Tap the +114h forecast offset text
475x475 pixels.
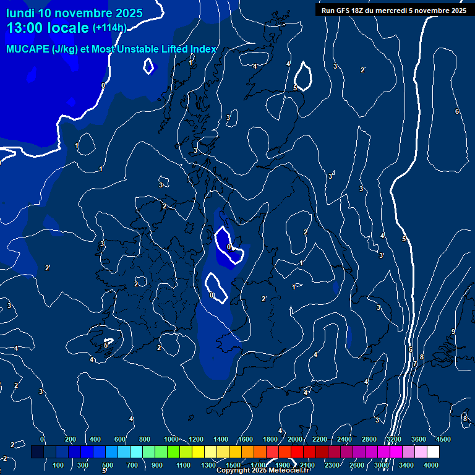coord(109,28)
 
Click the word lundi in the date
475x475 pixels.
coord(20,13)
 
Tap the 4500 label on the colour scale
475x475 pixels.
coord(443,439)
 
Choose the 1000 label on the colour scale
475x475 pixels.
coord(171,439)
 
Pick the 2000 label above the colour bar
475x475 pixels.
coord(295,439)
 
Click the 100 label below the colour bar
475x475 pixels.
coord(59,465)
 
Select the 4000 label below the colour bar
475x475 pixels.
coord(431,465)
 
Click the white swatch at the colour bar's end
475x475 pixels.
coord(450,452)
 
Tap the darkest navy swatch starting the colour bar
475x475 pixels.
coord(37,452)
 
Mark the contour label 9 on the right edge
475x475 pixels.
coord(453,332)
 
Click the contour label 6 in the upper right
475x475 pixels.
coord(457,111)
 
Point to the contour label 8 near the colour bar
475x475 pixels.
coord(464,419)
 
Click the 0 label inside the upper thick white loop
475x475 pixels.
coord(229,247)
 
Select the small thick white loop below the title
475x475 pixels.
coord(148,66)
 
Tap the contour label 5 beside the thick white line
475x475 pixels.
coord(404,239)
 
